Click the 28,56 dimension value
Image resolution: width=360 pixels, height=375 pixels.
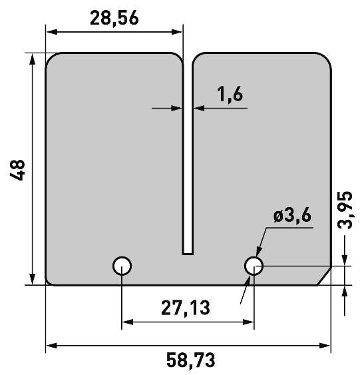pyautogui.click(x=114, y=18)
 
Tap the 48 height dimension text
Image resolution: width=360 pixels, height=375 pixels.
pyautogui.click(x=17, y=170)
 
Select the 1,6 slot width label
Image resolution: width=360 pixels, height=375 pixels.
pyautogui.click(x=230, y=94)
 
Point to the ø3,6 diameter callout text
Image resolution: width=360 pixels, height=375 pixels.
pyautogui.click(x=292, y=215)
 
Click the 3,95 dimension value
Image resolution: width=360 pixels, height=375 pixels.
pyautogui.click(x=345, y=210)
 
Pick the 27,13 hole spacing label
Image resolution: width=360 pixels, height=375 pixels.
pyautogui.click(x=186, y=308)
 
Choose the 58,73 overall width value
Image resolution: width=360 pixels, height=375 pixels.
pyautogui.click(x=191, y=360)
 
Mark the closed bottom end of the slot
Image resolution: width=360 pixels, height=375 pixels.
pyautogui.click(x=188, y=254)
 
